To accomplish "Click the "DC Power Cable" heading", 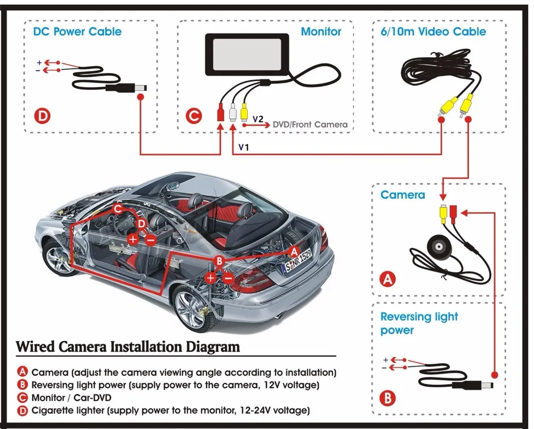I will (x=77, y=31).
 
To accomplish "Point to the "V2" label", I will (x=258, y=119).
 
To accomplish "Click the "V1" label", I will (x=244, y=146).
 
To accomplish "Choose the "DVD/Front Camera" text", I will (x=310, y=124).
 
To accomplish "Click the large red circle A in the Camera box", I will (x=388, y=278).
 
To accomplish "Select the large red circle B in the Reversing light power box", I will (x=388, y=397).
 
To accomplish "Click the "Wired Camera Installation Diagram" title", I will (x=128, y=346).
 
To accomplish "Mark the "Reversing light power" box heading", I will (x=419, y=323).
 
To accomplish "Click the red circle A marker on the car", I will (x=293, y=250).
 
